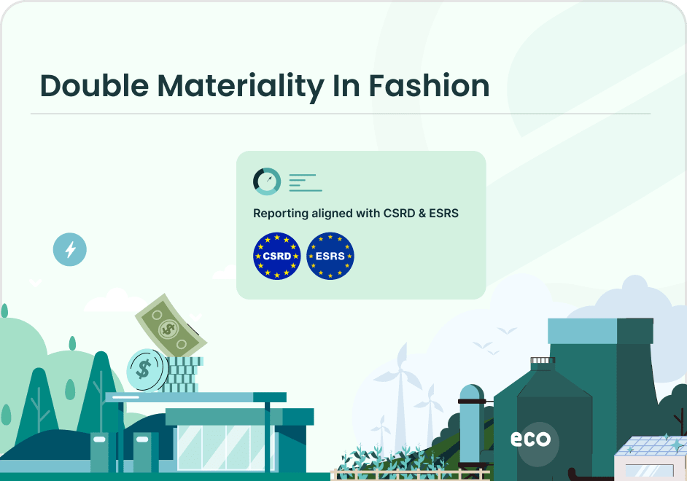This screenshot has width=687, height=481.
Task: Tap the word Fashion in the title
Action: [x=428, y=86]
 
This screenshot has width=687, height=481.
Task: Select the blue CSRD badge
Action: [x=276, y=256]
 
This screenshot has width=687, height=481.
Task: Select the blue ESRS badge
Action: [x=330, y=256]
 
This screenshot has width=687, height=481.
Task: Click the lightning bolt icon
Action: [x=70, y=250]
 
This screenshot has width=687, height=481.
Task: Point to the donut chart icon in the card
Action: [x=266, y=181]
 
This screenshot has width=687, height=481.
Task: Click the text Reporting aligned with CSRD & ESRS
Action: [x=355, y=214]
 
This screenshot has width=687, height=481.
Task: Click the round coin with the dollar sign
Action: [x=144, y=369]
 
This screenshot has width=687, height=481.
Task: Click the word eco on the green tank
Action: [x=530, y=439]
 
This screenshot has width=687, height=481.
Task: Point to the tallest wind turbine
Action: [x=400, y=386]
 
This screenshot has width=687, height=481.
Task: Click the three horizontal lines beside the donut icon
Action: [x=305, y=182]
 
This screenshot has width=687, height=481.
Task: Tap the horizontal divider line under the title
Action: [x=340, y=114]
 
